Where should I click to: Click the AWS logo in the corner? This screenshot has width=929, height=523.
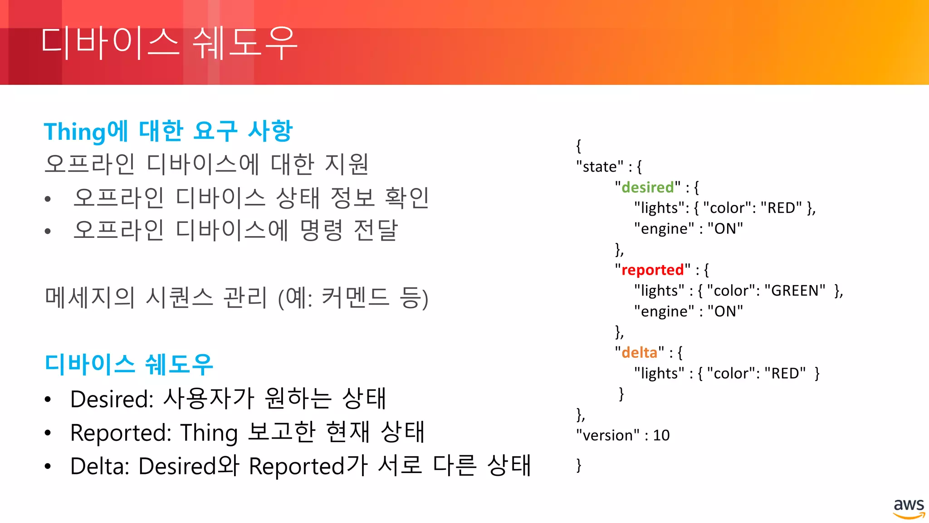pos(909,508)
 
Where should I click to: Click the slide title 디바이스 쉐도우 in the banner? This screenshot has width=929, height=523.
pos(169,43)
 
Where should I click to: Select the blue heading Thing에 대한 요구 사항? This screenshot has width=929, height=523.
pos(168,131)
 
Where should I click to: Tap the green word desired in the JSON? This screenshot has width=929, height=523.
pos(648,187)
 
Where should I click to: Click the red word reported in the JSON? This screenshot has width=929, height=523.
pos(652,270)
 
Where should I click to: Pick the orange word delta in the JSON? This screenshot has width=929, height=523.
pos(639,352)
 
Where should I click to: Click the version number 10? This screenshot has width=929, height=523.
pos(661,435)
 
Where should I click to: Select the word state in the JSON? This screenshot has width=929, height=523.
pos(600,167)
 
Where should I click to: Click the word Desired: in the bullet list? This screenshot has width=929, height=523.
pos(112,399)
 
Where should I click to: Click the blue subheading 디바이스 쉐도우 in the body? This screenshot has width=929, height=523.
pos(129,364)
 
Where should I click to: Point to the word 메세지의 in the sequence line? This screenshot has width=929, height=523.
pos(90,298)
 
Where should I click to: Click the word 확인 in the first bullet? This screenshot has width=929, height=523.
pos(406,198)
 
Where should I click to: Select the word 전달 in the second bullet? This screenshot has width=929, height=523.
pos(376,230)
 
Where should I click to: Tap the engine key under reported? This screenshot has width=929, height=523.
pos(664,311)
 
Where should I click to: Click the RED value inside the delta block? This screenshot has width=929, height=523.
pos(785,373)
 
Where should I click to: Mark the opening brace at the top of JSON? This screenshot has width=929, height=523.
pos(578,146)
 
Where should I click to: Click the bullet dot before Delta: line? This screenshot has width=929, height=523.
pos(48,466)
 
